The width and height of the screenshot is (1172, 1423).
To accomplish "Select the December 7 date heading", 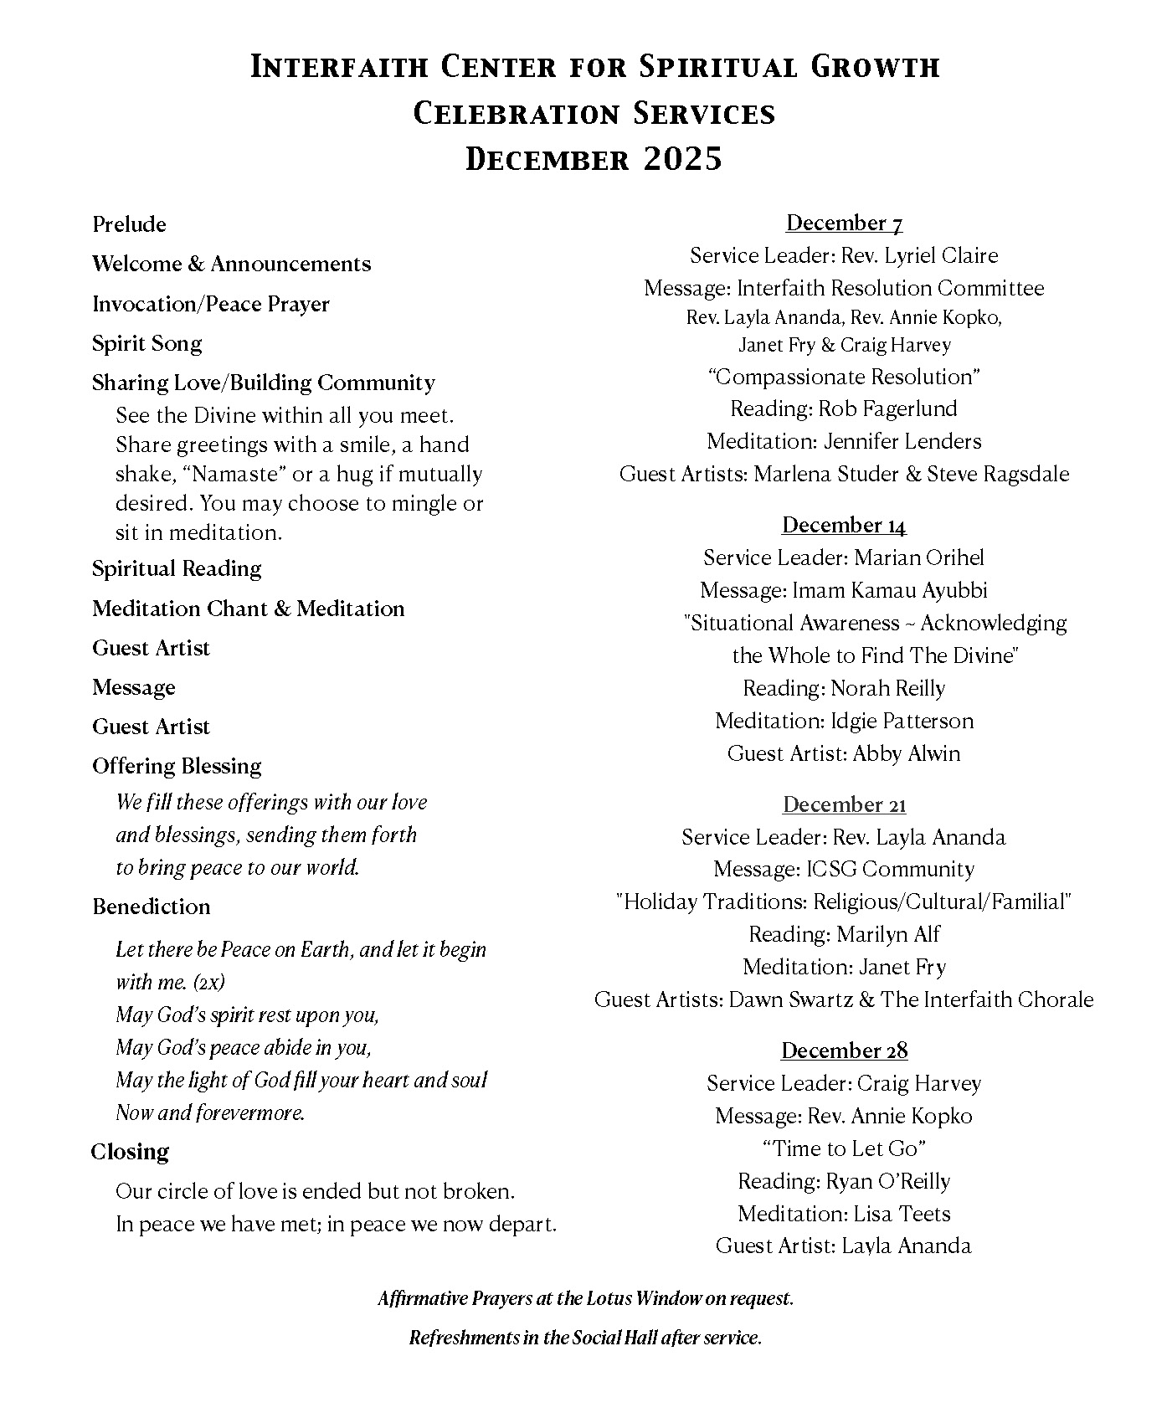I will (844, 223).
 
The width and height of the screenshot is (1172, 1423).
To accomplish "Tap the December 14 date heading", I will (844, 525).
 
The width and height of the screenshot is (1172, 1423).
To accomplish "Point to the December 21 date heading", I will (844, 804).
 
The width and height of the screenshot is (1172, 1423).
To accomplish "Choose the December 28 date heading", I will (844, 1051).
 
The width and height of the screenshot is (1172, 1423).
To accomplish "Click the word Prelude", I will (129, 224).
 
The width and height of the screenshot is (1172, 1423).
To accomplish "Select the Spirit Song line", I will (146, 343).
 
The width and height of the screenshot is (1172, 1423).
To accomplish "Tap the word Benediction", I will (151, 907).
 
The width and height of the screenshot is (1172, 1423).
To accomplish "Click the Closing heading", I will (130, 1152).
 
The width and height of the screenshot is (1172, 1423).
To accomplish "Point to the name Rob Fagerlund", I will (887, 408).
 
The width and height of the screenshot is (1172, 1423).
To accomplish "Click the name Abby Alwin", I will (907, 753).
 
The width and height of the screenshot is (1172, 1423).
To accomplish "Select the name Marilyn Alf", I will (888, 934).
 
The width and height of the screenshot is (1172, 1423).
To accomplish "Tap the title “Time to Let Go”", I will (844, 1148).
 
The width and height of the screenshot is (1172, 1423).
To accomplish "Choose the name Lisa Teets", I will (902, 1214).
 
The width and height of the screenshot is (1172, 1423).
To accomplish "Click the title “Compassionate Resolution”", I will (844, 377).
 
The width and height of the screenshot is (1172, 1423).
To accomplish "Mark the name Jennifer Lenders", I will (902, 441).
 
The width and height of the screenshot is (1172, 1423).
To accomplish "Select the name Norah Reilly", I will (887, 688).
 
